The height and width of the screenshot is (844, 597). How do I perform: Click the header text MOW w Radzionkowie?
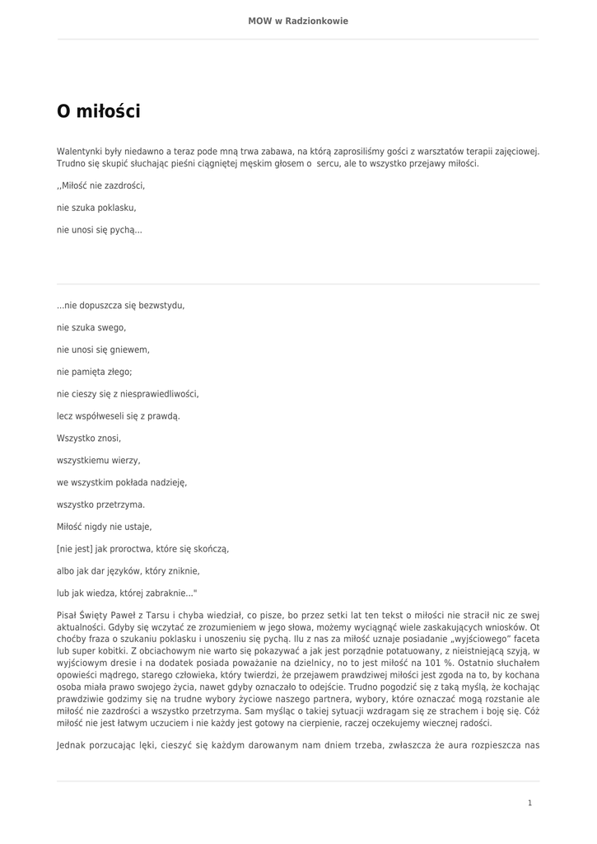(298, 21)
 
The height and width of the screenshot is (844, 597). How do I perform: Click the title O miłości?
(98, 110)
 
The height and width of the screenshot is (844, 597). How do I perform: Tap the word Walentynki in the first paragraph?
(77, 152)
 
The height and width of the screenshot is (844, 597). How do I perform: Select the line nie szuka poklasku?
(96, 208)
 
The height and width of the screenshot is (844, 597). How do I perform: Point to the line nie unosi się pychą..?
(99, 230)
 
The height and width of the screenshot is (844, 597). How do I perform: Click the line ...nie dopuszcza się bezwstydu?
(121, 305)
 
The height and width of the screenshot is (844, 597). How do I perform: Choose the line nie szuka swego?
(91, 327)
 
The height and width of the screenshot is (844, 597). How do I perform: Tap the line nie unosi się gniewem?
(103, 349)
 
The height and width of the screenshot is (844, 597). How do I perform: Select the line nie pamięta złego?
(94, 372)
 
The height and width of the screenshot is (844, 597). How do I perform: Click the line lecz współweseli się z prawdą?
(118, 416)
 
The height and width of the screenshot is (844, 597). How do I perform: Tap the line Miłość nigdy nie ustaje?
(104, 527)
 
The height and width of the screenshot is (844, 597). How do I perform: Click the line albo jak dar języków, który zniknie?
(128, 571)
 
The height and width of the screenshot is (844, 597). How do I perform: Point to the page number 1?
(529, 803)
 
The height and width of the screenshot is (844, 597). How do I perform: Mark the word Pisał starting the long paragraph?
(68, 615)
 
